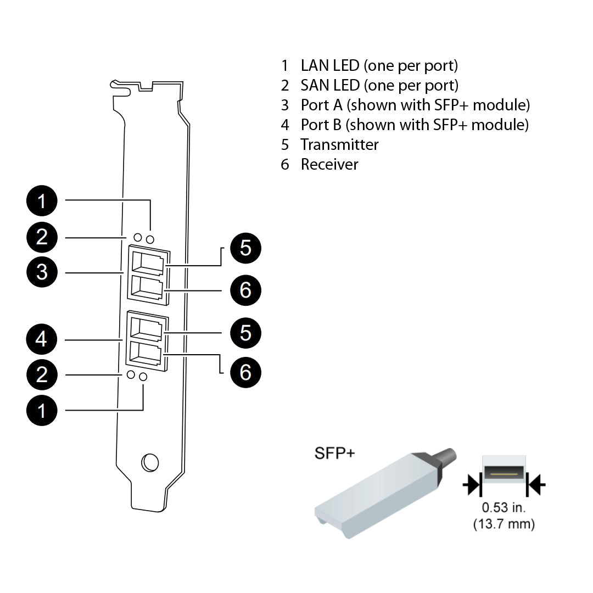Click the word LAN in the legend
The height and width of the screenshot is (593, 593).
[315, 66]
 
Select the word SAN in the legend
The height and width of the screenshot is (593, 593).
[315, 86]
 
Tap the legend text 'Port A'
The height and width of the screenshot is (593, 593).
[321, 105]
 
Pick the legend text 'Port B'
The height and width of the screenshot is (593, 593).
[321, 125]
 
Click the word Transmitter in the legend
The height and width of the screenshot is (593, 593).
[339, 144]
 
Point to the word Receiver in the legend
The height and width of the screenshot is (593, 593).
[329, 164]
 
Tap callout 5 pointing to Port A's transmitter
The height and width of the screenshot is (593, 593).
[245, 248]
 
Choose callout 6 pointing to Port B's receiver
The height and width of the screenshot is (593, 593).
[245, 372]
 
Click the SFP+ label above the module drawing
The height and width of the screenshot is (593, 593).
[334, 453]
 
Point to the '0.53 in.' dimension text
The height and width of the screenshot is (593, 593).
[504, 507]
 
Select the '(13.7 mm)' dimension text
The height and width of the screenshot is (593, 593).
[504, 524]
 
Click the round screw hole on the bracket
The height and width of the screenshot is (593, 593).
[149, 462]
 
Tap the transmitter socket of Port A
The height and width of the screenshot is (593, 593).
[148, 262]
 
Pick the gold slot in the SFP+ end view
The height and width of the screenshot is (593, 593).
[504, 472]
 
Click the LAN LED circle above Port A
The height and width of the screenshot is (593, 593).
[150, 239]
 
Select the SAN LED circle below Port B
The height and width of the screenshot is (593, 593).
[131, 374]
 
